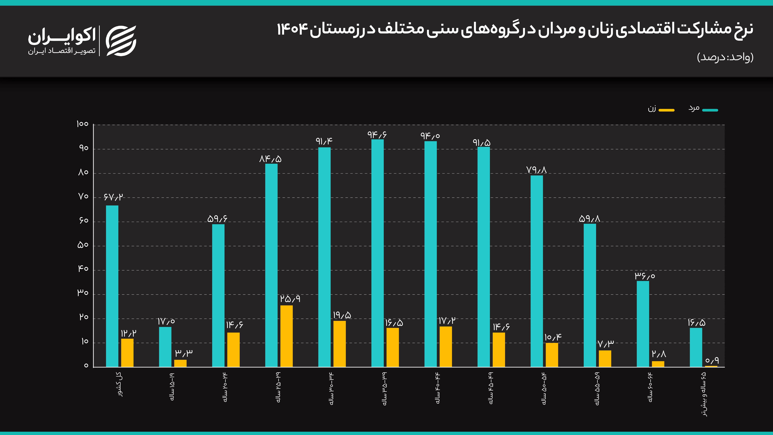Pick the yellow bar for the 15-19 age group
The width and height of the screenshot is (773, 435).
(x=180, y=363)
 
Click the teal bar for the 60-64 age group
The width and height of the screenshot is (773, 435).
(x=643, y=324)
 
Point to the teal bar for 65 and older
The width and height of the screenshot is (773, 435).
(x=696, y=347)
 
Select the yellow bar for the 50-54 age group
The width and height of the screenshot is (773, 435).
(x=552, y=355)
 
